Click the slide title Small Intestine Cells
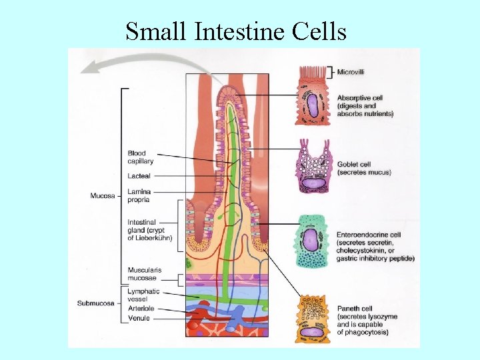click(236, 31)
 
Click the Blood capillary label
click(141, 157)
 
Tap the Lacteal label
click(139, 176)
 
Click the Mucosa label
click(103, 196)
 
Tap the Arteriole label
click(140, 309)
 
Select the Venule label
click(138, 318)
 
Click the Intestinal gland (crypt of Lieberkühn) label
click(149, 230)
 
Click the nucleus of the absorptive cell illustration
click(312, 105)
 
